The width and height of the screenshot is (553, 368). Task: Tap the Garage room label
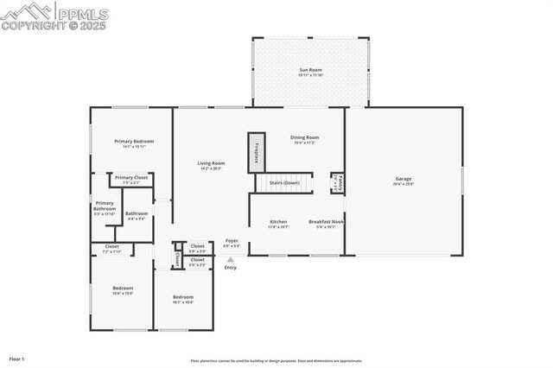[x=404, y=179]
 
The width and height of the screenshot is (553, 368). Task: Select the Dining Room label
[x=304, y=137]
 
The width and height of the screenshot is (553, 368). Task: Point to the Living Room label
[x=211, y=163]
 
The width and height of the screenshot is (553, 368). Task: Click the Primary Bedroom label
[x=134, y=141]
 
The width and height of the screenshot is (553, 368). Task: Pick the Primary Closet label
[x=131, y=177]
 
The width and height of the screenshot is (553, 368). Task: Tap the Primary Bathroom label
[x=105, y=208]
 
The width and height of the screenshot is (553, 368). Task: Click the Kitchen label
[x=278, y=221]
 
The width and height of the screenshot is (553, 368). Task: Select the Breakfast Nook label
[x=327, y=221]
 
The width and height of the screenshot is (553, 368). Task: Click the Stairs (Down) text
[x=284, y=183]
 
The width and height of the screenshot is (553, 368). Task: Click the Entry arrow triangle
[x=230, y=258]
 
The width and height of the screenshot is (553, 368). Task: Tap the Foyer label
[x=232, y=241]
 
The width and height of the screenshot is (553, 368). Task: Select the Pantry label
[x=338, y=184]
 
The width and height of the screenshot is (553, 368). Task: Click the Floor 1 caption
[x=17, y=358]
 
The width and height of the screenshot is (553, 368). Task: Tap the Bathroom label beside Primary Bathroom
[x=137, y=213]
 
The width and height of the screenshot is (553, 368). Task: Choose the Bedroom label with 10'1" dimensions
[x=182, y=297]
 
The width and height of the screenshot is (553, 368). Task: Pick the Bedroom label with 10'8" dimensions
[x=124, y=288]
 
